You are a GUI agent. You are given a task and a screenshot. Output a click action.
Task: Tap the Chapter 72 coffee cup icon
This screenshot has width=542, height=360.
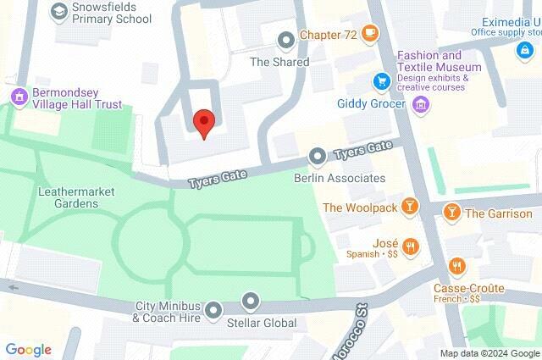[369, 34]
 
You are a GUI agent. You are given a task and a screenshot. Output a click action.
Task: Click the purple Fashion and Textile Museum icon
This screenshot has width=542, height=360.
[421, 105]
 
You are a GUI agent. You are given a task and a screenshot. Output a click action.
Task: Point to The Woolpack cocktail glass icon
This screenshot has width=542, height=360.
[410, 207]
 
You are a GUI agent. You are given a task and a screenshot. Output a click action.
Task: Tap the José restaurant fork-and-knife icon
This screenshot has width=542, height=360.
[411, 246]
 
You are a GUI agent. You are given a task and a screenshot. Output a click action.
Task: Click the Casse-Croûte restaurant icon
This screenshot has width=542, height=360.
[457, 266]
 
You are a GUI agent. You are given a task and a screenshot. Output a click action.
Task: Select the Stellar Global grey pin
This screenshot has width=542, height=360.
[251, 301]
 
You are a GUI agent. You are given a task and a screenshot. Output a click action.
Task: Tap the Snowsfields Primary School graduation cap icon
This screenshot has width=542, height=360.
[58, 11]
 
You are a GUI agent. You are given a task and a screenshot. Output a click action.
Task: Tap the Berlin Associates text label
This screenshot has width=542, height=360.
[339, 179]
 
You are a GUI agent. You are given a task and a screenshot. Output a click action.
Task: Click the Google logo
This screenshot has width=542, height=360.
[28, 349]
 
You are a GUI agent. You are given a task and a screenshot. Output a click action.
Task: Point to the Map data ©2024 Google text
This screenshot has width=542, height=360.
[489, 353]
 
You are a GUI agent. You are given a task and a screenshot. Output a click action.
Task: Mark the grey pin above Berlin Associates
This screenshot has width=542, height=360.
[318, 156]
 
